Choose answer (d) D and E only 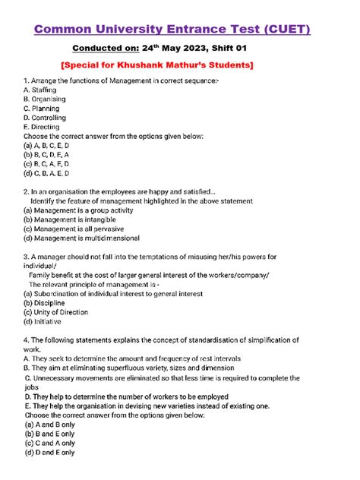(49, 453)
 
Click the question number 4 (26, 339)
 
